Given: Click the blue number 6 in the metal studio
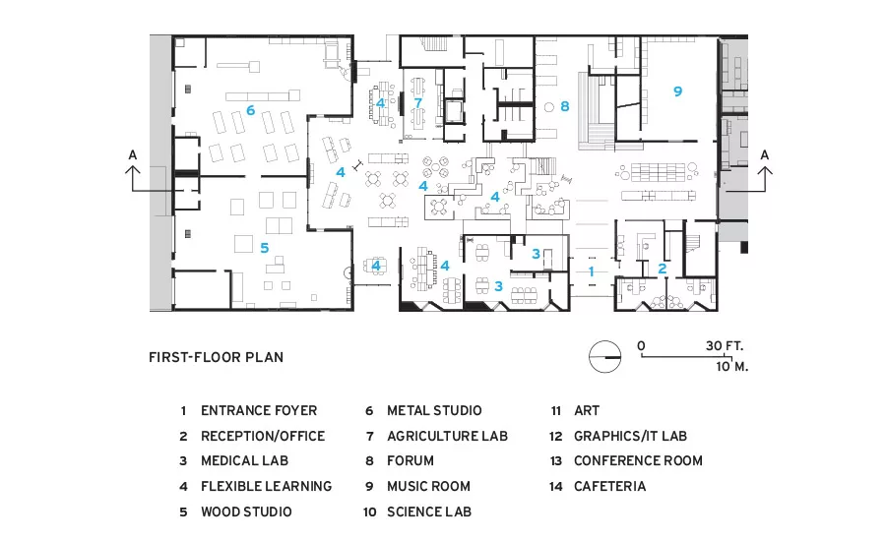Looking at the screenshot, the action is coord(250,110).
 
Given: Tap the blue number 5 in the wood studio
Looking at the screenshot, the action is coord(264,247).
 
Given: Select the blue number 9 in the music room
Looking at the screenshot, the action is coord(677,90).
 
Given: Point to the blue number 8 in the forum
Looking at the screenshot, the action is coord(564,106).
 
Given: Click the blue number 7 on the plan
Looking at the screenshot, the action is coord(417,102).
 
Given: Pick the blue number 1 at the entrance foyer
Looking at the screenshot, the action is coord(591,271).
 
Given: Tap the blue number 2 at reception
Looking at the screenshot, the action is coord(662,269).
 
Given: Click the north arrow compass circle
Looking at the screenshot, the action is coord(604,357).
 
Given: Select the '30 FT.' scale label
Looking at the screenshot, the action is coord(725,345).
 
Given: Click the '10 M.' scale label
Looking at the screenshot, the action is coord(732,367).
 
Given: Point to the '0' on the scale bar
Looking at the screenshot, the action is coord(641,345).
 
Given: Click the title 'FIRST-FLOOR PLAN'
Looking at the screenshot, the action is coord(216,357).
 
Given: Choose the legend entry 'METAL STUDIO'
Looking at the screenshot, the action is coord(434,410).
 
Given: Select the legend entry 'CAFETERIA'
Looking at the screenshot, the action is coord(609,486).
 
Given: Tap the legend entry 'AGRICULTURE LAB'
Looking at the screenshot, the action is coord(447,436).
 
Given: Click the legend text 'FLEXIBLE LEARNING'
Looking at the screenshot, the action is coord(266,486).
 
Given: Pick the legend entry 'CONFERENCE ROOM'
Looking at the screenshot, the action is coord(638,460).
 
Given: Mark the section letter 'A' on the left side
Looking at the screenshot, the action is coord(133,154).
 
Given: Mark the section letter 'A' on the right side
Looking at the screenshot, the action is coord(765,154).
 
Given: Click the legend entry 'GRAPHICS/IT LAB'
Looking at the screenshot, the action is coord(630,436).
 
